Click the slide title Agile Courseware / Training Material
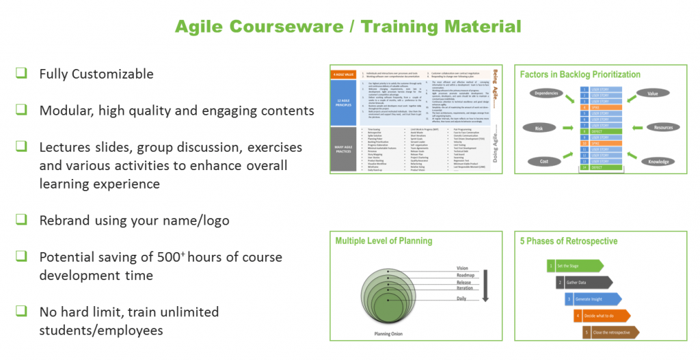pyautogui.click(x=348, y=27)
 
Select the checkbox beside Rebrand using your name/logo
pyautogui.click(x=22, y=220)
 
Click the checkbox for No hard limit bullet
pyautogui.click(x=22, y=311)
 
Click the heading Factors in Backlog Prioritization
pyautogui.click(x=580, y=74)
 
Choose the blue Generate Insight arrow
pyautogui.click(x=593, y=299)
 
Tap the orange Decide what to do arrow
pyautogui.click(x=602, y=316)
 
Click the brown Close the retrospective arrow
pyautogui.click(x=611, y=332)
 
